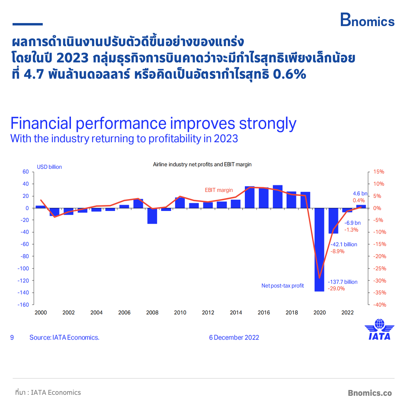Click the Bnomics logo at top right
[367, 20]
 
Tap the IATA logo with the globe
[379, 329]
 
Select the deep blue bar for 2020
[319, 249]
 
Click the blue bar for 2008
[152, 216]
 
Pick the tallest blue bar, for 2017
[277, 197]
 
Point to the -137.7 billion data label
[342, 282]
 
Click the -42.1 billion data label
[344, 244]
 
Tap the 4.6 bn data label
[360, 193]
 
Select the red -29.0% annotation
[336, 289]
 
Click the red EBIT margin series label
[219, 190]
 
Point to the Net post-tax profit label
[283, 286]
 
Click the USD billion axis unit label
[49, 167]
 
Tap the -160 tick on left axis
[23, 305]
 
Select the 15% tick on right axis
[379, 172]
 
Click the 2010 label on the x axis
[180, 313]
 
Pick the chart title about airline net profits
[202, 164]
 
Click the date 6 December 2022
[234, 337]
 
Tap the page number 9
[12, 337]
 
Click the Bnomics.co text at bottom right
[370, 393]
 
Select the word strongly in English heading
[268, 124]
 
